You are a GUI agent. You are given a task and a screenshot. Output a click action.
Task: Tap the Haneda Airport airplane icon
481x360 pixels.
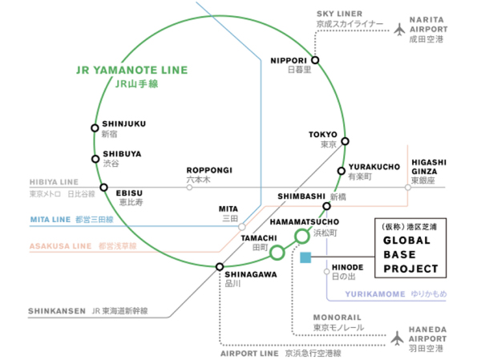[396, 338]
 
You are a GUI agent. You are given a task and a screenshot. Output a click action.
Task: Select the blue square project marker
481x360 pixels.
[305, 257]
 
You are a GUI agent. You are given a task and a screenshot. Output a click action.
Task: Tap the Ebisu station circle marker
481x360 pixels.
[103, 188]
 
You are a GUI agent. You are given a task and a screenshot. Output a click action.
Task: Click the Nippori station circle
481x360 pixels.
[315, 60]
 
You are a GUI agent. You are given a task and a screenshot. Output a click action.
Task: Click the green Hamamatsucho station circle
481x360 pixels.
[301, 236]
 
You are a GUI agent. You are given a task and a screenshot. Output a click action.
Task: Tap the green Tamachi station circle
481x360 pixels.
[277, 253]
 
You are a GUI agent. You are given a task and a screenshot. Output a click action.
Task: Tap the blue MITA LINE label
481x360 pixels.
[51, 218]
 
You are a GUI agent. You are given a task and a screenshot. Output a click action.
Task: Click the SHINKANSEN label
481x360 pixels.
[56, 311]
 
